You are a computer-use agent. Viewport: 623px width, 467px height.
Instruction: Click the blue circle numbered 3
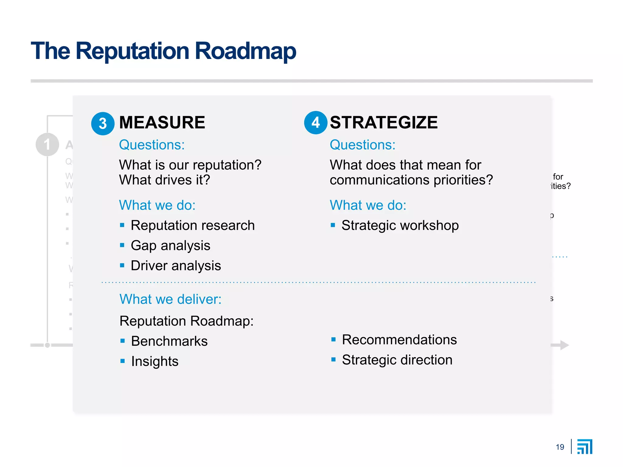pyautogui.click(x=103, y=123)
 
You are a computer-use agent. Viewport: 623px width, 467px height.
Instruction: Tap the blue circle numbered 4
pyautogui.click(x=316, y=123)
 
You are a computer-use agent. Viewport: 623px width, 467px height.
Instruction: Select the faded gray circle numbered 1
pyautogui.click(x=47, y=144)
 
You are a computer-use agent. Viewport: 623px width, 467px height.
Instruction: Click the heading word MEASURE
pyautogui.click(x=162, y=123)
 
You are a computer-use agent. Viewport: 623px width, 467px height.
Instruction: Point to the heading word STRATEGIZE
pyautogui.click(x=384, y=123)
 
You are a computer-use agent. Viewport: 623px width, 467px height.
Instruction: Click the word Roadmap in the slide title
pyautogui.click(x=245, y=51)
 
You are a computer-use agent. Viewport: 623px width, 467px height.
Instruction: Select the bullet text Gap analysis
pyautogui.click(x=170, y=245)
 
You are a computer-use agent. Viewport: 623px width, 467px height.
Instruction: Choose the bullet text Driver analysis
pyautogui.click(x=176, y=265)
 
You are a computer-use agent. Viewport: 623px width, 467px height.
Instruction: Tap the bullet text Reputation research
pyautogui.click(x=193, y=225)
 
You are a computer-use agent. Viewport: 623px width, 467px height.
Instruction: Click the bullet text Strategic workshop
pyautogui.click(x=400, y=225)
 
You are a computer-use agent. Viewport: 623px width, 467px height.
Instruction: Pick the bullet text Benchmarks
pyautogui.click(x=169, y=341)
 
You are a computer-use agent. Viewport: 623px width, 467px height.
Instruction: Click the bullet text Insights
pyautogui.click(x=155, y=361)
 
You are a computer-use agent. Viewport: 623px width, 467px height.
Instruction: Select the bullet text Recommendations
pyautogui.click(x=399, y=340)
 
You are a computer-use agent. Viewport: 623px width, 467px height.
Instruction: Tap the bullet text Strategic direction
pyautogui.click(x=397, y=360)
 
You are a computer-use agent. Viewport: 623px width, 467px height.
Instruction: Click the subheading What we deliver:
pyautogui.click(x=170, y=299)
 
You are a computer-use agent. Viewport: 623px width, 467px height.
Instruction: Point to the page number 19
pyautogui.click(x=560, y=447)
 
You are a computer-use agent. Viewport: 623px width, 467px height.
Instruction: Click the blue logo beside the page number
pyautogui.click(x=585, y=447)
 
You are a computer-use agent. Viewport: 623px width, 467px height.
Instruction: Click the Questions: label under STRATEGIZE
pyautogui.click(x=363, y=145)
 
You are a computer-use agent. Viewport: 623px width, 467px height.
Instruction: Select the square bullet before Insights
pyautogui.click(x=123, y=361)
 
